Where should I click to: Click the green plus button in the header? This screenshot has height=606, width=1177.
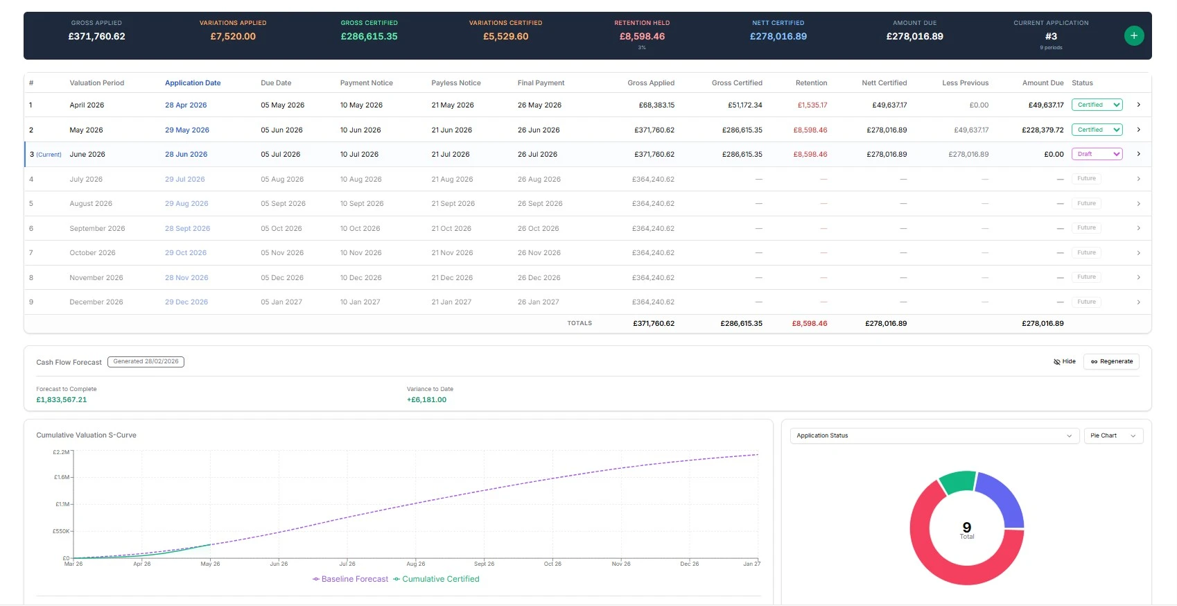point(1133,35)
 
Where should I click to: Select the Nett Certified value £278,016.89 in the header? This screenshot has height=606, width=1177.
point(778,37)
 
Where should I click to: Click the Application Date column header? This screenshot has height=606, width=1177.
point(193,83)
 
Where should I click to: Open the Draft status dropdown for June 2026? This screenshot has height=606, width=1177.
point(1097,154)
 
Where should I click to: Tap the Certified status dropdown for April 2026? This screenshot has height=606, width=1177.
point(1097,105)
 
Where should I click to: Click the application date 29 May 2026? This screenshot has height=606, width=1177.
point(186,130)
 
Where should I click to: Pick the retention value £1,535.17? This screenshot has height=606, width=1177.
point(812,105)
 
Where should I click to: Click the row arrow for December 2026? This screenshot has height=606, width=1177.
point(1138,302)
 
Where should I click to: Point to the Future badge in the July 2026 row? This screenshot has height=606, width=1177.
point(1086,179)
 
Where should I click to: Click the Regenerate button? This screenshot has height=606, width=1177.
point(1111,361)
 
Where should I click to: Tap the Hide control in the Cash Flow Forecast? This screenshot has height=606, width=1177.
point(1064,361)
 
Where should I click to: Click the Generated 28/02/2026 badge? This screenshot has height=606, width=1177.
point(146,361)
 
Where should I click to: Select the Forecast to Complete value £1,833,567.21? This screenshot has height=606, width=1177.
point(62,400)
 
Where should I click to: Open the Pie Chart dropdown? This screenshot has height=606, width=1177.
point(1113,435)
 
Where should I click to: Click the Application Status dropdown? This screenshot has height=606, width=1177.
point(934,435)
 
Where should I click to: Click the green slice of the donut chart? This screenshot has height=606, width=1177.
point(958,482)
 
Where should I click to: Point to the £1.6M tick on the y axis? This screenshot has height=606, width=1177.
point(62,478)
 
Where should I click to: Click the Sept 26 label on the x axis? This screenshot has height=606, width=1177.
point(484,564)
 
